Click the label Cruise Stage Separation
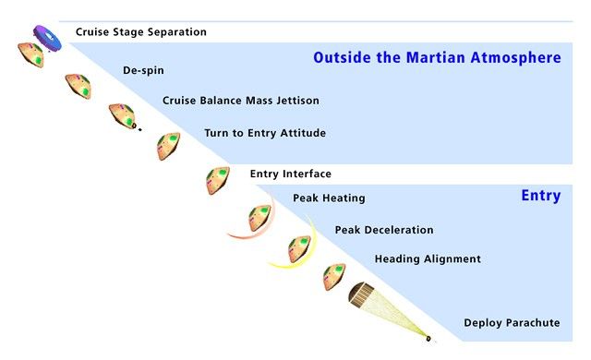[140, 32]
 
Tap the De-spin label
[143, 70]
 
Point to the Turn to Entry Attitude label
[265, 133]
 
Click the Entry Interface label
[290, 174]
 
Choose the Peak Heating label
[329, 198]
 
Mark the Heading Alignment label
[428, 259]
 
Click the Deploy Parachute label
[512, 323]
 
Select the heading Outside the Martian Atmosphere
[437, 58]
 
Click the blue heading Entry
[540, 196]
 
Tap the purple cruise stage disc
[44, 37]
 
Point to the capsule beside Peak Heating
[259, 219]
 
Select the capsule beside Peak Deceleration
[299, 248]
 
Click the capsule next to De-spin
[78, 87]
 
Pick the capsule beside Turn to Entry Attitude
[168, 145]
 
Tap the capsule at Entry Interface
[218, 179]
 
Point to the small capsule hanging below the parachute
[428, 337]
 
